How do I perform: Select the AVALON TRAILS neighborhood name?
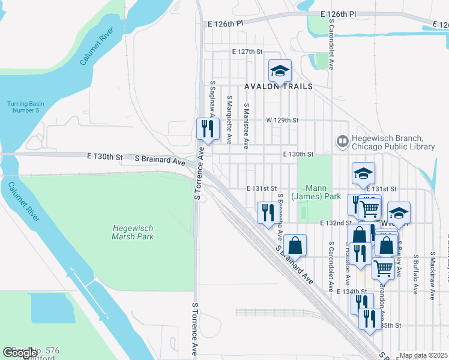pos(279,86)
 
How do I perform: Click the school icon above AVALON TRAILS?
pos(279,71)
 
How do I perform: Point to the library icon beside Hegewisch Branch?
pos(342,142)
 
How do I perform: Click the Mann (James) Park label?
pos(316,192)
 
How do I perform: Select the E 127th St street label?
pos(248,52)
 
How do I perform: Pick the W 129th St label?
pos(283,120)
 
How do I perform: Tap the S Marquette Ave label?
pos(229,119)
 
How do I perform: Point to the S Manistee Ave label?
pos(246,123)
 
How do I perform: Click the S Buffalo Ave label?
pos(415,273)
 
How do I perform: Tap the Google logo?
pos(20,353)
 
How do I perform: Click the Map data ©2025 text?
pos(424,355)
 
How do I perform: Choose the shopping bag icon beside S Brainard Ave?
pos(295,245)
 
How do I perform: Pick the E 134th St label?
pos(351,292)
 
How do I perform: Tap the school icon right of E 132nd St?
pos(399,213)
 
